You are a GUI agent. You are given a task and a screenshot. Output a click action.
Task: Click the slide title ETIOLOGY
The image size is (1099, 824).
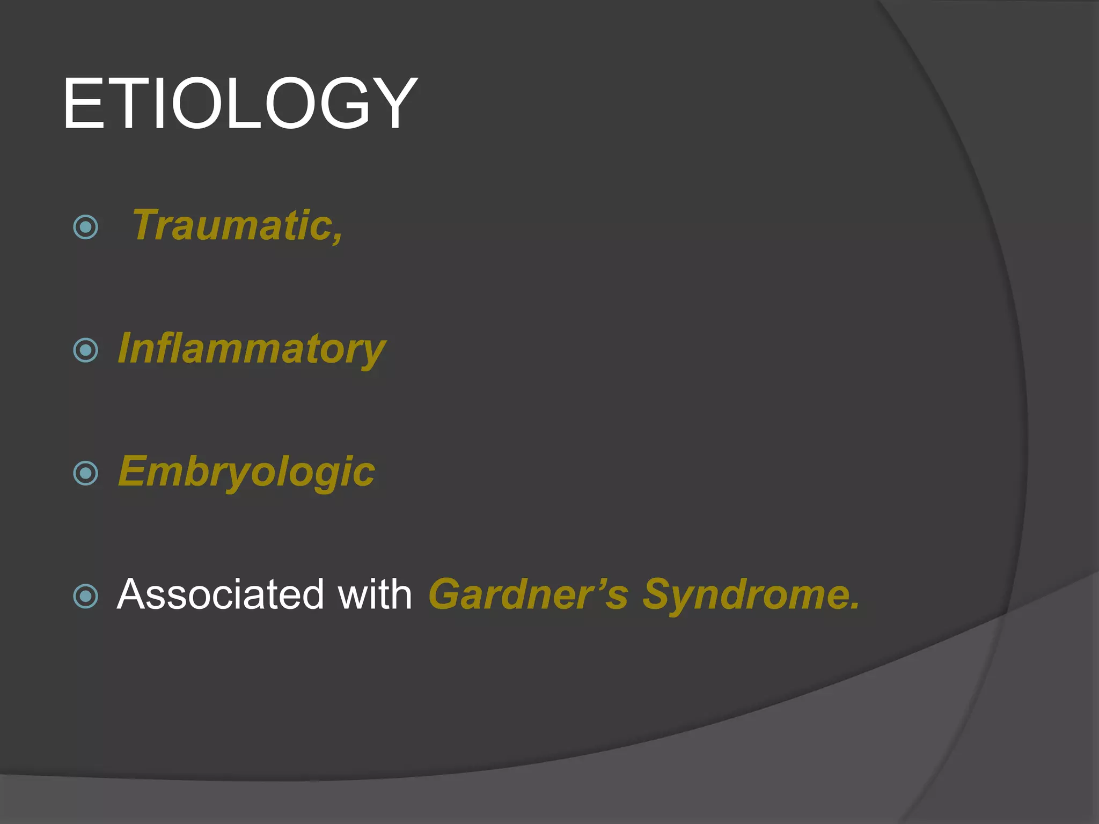(x=239, y=104)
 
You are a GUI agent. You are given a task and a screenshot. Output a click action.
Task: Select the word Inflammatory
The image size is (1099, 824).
(x=251, y=349)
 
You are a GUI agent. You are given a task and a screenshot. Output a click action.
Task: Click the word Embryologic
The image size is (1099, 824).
(x=246, y=472)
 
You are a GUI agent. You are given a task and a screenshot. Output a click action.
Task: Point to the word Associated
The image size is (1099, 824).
(x=220, y=594)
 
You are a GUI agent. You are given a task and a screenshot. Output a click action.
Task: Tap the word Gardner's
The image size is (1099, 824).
(x=527, y=594)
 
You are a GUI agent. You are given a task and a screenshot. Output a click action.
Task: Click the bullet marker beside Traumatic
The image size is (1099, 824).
(x=85, y=227)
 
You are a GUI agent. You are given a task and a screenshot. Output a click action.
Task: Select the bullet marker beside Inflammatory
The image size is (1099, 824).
(x=85, y=350)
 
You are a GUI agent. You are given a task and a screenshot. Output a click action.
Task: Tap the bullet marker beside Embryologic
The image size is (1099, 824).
(x=85, y=473)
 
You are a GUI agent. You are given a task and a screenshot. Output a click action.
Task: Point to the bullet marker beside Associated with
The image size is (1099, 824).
(x=85, y=596)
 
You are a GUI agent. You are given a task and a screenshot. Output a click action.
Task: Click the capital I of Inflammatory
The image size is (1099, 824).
(x=126, y=349)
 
